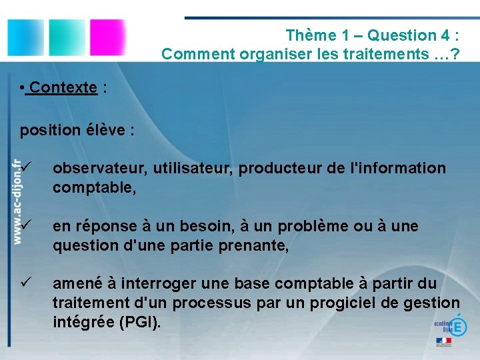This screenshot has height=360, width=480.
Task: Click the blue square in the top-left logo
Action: pyautogui.click(x=25, y=38)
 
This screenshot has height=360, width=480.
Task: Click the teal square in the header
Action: pyautogui.click(x=65, y=38)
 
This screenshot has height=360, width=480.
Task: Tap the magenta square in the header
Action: pyautogui.click(x=107, y=38)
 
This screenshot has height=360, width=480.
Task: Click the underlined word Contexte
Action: pyautogui.click(x=63, y=87)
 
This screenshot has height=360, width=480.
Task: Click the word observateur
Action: pyautogui.click(x=100, y=169)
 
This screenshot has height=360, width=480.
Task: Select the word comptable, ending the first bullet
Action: pyautogui.click(x=94, y=188)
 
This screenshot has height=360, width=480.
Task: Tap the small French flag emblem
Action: pyautogui.click(x=443, y=341)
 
